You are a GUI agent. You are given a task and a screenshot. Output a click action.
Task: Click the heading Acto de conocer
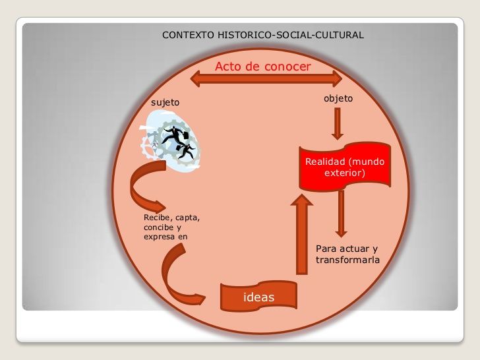tap(262, 67)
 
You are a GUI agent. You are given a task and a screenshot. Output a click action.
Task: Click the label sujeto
tap(165, 103)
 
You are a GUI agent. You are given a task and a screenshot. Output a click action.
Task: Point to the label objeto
tap(338, 99)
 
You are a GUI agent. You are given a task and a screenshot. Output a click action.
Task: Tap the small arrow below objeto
tap(338, 123)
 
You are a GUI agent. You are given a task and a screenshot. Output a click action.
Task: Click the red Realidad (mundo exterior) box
tap(345, 167)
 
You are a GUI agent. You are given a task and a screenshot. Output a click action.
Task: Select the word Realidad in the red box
tap(326, 162)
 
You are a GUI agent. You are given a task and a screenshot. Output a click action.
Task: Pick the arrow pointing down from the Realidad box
tap(340, 213)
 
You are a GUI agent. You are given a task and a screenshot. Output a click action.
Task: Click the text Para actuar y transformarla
tap(347, 255)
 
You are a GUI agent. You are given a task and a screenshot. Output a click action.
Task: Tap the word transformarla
tap(347, 260)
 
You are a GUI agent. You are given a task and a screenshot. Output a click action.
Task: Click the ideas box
tap(258, 297)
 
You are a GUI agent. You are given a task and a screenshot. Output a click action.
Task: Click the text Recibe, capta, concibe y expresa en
tap(171, 227)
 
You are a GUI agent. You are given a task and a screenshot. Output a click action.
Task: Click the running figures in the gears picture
tap(177, 139)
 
